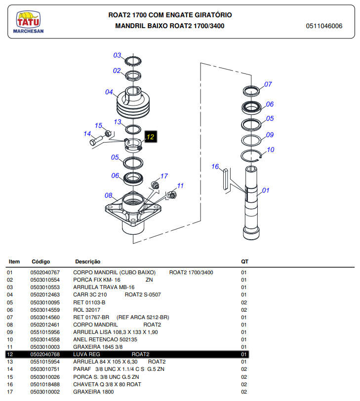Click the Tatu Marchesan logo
click(x=29, y=23)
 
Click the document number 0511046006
click(x=324, y=26)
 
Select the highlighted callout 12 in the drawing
click(x=150, y=137)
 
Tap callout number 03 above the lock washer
click(x=117, y=55)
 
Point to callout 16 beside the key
click(x=215, y=166)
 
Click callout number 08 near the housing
click(x=108, y=195)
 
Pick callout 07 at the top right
click(x=268, y=84)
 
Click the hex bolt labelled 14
click(x=96, y=142)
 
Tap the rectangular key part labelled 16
click(x=226, y=179)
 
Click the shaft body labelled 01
click(x=252, y=202)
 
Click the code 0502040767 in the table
click(x=45, y=272)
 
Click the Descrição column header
click(x=87, y=261)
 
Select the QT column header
click(x=244, y=261)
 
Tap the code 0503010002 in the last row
click(x=45, y=392)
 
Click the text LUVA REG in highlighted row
click(x=86, y=355)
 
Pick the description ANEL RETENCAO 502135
click(x=105, y=339)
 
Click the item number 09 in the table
click(x=10, y=332)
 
